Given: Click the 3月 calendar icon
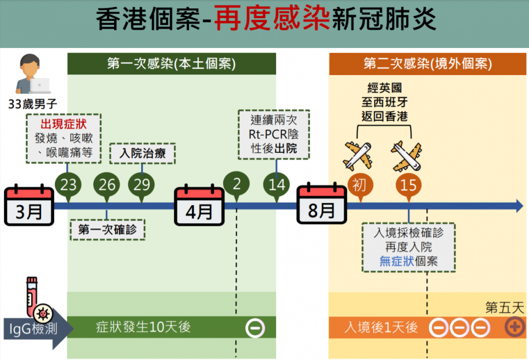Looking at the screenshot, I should click(x=29, y=207).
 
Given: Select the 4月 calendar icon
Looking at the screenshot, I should click(x=199, y=207).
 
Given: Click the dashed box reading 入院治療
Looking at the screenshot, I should click(x=143, y=153).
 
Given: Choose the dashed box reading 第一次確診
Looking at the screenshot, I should click(x=107, y=229).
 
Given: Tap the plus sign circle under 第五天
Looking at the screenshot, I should click(x=515, y=327).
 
